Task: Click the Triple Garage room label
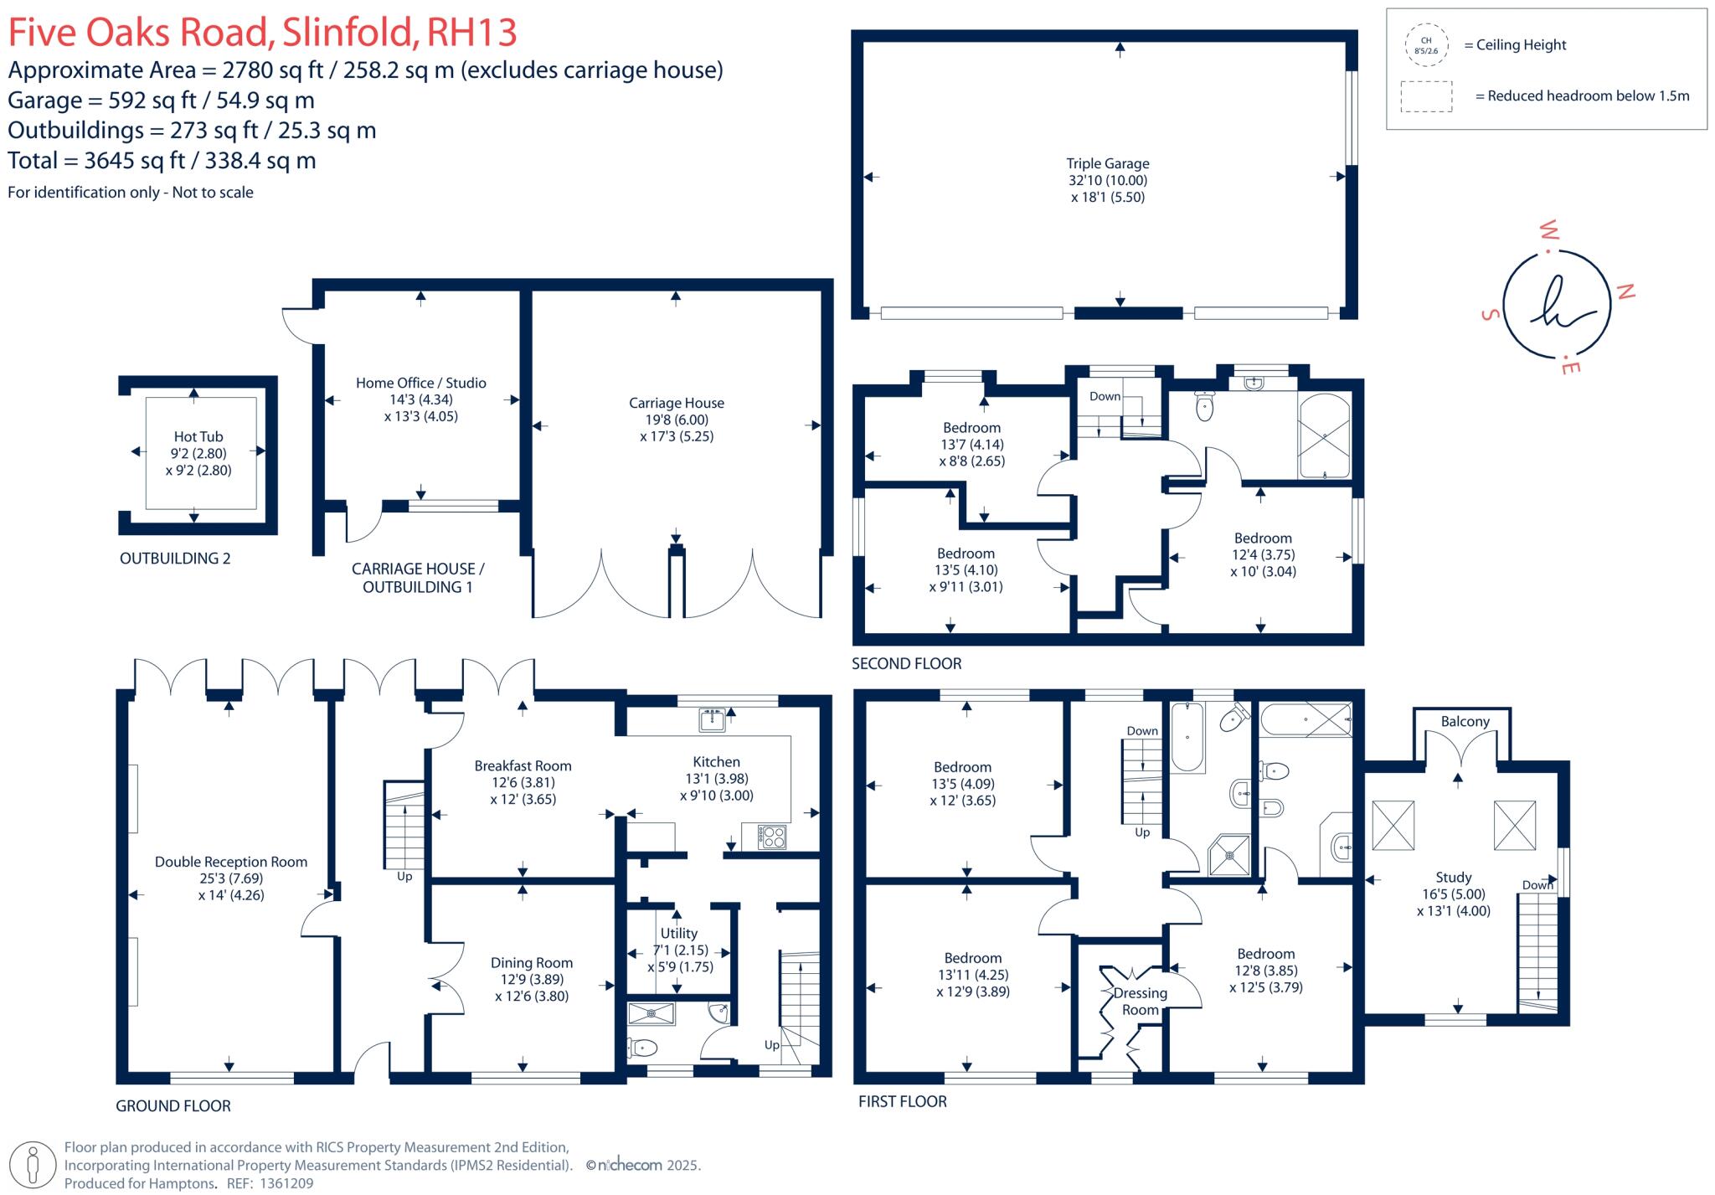click(1107, 164)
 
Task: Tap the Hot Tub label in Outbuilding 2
click(198, 436)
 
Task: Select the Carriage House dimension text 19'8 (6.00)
click(677, 420)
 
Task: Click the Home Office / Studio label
click(420, 383)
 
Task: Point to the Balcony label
click(1465, 721)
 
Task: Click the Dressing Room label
click(1140, 1001)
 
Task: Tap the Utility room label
click(678, 933)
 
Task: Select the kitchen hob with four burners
click(771, 836)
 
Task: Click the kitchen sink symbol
click(713, 719)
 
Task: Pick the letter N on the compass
click(1625, 291)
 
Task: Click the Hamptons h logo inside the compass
click(1556, 303)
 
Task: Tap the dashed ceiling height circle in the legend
click(1426, 45)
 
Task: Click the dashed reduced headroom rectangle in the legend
click(1426, 96)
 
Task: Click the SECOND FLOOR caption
click(906, 663)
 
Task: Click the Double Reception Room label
click(231, 862)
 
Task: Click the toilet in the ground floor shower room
click(642, 1047)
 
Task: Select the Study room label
click(1453, 877)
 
